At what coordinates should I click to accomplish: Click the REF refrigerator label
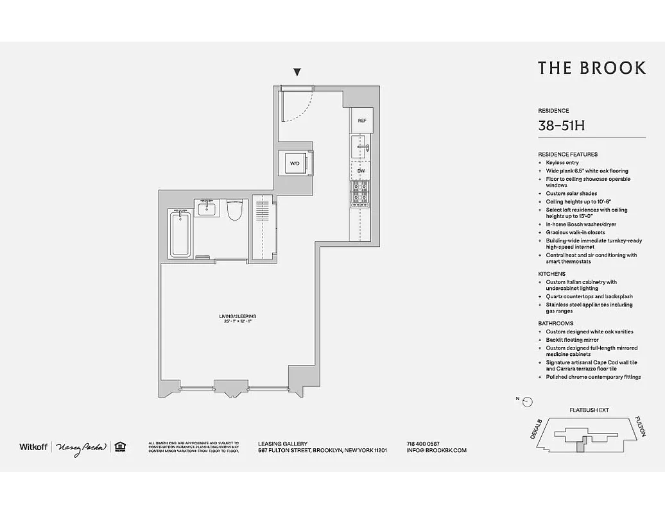pos(362,121)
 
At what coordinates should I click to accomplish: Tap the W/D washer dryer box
pos(295,164)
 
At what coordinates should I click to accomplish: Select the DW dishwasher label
pos(361,171)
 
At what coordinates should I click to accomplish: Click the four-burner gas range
pos(359,194)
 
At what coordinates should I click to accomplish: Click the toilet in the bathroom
pos(234,210)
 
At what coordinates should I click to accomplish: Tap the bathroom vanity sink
pos(207,208)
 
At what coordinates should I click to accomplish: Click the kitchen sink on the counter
pos(360,147)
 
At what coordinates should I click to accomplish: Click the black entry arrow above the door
pos(297,72)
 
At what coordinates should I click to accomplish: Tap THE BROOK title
pos(591,69)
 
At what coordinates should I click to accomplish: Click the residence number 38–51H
pos(561,126)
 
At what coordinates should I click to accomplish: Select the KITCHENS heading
pos(551,274)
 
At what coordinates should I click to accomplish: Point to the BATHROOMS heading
pos(555,323)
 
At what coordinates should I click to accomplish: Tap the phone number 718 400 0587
pos(422,443)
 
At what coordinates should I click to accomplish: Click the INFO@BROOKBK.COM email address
pos(436,450)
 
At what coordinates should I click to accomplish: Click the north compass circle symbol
pos(528,402)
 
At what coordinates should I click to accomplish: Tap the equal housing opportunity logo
pos(119,447)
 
